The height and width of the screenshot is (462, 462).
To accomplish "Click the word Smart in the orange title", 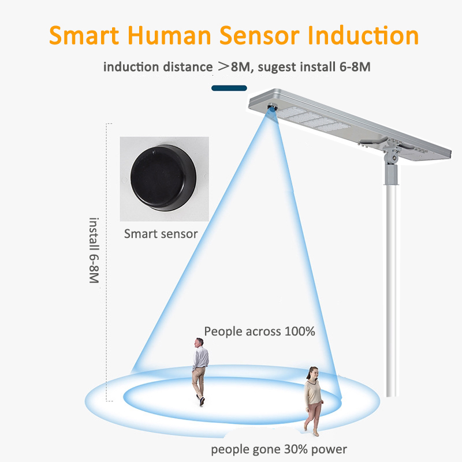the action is [x=84, y=35].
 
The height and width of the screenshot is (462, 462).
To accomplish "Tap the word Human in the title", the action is [x=169, y=35].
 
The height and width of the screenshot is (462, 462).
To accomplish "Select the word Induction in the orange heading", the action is [x=363, y=35].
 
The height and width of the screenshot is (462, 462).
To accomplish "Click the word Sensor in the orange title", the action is [x=259, y=35].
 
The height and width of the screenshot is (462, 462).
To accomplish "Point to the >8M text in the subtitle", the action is [x=234, y=67].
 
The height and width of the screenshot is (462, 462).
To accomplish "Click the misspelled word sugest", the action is [x=277, y=68].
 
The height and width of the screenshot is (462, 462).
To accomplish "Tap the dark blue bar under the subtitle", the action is [x=229, y=88].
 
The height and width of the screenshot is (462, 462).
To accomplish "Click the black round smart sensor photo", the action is [x=163, y=178].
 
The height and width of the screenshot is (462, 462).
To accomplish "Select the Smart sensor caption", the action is [x=161, y=234].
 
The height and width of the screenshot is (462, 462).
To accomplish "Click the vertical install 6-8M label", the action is [x=94, y=251].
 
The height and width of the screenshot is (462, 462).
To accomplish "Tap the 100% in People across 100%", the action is [x=300, y=331].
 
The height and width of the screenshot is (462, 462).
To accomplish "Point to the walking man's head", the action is [x=199, y=342].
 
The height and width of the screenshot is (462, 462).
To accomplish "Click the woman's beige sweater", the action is [x=313, y=392].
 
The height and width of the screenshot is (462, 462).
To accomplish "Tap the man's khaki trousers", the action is [x=199, y=382].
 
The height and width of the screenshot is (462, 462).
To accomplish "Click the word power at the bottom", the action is [x=329, y=450].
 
